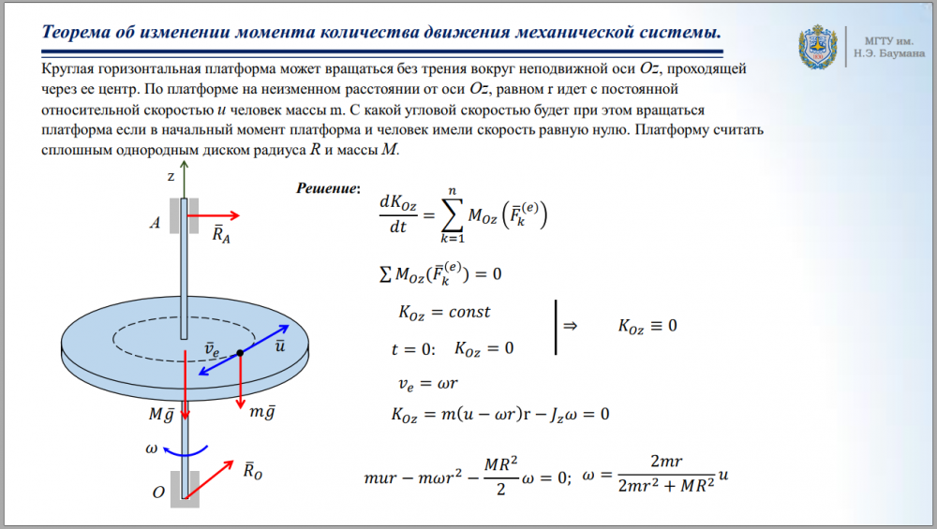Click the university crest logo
(817, 47)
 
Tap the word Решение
(326, 189)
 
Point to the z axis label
(171, 177)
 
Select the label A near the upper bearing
(156, 223)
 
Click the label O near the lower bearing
(158, 492)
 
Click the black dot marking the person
(240, 353)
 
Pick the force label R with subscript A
(221, 233)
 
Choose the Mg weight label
(161, 414)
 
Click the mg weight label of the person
(262, 411)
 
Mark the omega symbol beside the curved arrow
(151, 448)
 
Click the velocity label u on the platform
(279, 345)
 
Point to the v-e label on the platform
(212, 349)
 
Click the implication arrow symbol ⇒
(570, 326)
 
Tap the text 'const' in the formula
(469, 312)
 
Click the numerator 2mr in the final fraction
(666, 461)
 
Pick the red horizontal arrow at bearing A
(214, 215)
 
